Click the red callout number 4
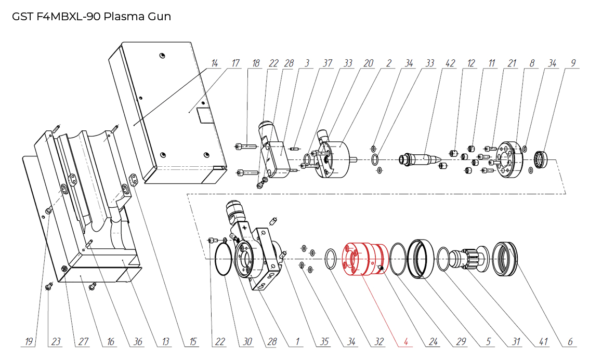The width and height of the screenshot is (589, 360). [x=405, y=342]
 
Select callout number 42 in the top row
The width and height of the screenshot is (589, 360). [x=450, y=63]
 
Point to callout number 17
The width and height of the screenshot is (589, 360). [x=235, y=63]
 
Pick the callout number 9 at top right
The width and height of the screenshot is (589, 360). [x=573, y=63]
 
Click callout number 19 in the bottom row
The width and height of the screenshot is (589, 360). [x=29, y=342]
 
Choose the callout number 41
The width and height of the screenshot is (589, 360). [x=543, y=342]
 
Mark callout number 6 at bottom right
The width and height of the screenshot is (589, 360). [x=570, y=342]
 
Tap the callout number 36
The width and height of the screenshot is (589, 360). [x=138, y=342]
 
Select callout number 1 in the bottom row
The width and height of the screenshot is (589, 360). [x=297, y=342]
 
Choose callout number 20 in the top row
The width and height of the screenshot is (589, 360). [x=368, y=63]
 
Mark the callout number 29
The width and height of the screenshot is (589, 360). [x=460, y=342]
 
